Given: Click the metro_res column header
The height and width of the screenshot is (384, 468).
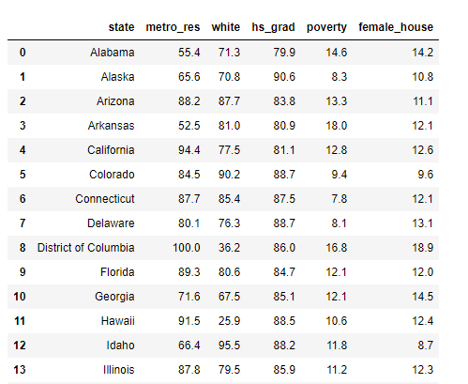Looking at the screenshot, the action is pyautogui.click(x=173, y=27).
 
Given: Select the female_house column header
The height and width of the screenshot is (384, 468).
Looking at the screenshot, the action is pyautogui.click(x=396, y=27).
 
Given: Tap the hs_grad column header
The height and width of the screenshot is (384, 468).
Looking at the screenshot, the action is pyautogui.click(x=273, y=27).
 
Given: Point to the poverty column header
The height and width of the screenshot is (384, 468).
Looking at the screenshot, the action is pyautogui.click(x=326, y=27).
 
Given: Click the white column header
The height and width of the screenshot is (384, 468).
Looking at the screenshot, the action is pyautogui.click(x=226, y=27).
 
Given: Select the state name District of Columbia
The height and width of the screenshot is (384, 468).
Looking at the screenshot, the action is pyautogui.click(x=86, y=248).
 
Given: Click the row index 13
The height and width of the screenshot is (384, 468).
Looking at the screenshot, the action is pyautogui.click(x=20, y=370).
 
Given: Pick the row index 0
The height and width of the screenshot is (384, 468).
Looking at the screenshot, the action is pyautogui.click(x=23, y=53).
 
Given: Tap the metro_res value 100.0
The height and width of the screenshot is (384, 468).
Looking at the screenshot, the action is pyautogui.click(x=187, y=248).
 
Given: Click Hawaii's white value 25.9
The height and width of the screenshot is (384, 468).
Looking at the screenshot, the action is pyautogui.click(x=229, y=321).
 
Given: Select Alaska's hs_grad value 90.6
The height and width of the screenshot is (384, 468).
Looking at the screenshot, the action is pyautogui.click(x=284, y=77).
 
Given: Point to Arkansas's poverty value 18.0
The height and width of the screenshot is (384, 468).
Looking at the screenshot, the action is pyautogui.click(x=337, y=126).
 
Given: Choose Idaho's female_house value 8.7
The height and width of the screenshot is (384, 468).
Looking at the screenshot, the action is pyautogui.click(x=426, y=346).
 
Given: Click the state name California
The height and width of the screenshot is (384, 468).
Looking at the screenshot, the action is pyautogui.click(x=111, y=150).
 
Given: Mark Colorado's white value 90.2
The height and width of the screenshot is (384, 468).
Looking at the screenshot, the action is pyautogui.click(x=229, y=175).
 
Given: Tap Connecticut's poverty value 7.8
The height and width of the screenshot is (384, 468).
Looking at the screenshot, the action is pyautogui.click(x=340, y=199).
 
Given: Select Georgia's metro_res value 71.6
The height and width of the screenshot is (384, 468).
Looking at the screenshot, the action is pyautogui.click(x=189, y=297).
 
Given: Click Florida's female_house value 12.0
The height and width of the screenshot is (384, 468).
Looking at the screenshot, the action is pyautogui.click(x=423, y=272).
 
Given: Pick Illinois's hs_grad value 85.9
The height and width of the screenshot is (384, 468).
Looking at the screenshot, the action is pyautogui.click(x=284, y=370).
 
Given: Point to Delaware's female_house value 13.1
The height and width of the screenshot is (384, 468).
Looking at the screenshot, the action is pyautogui.click(x=423, y=223).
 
